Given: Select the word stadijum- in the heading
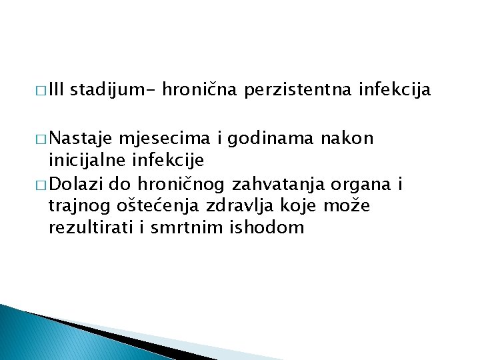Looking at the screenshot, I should tap(111, 89).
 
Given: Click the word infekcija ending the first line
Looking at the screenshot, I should tap(395, 89).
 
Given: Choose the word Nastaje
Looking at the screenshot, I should tap(80, 139).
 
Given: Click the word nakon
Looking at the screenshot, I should tap(347, 139).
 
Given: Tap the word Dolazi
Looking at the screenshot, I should tap(74, 183).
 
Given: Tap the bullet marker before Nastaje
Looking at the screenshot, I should tap(40, 139).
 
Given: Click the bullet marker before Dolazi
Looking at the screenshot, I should tap(40, 184).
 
